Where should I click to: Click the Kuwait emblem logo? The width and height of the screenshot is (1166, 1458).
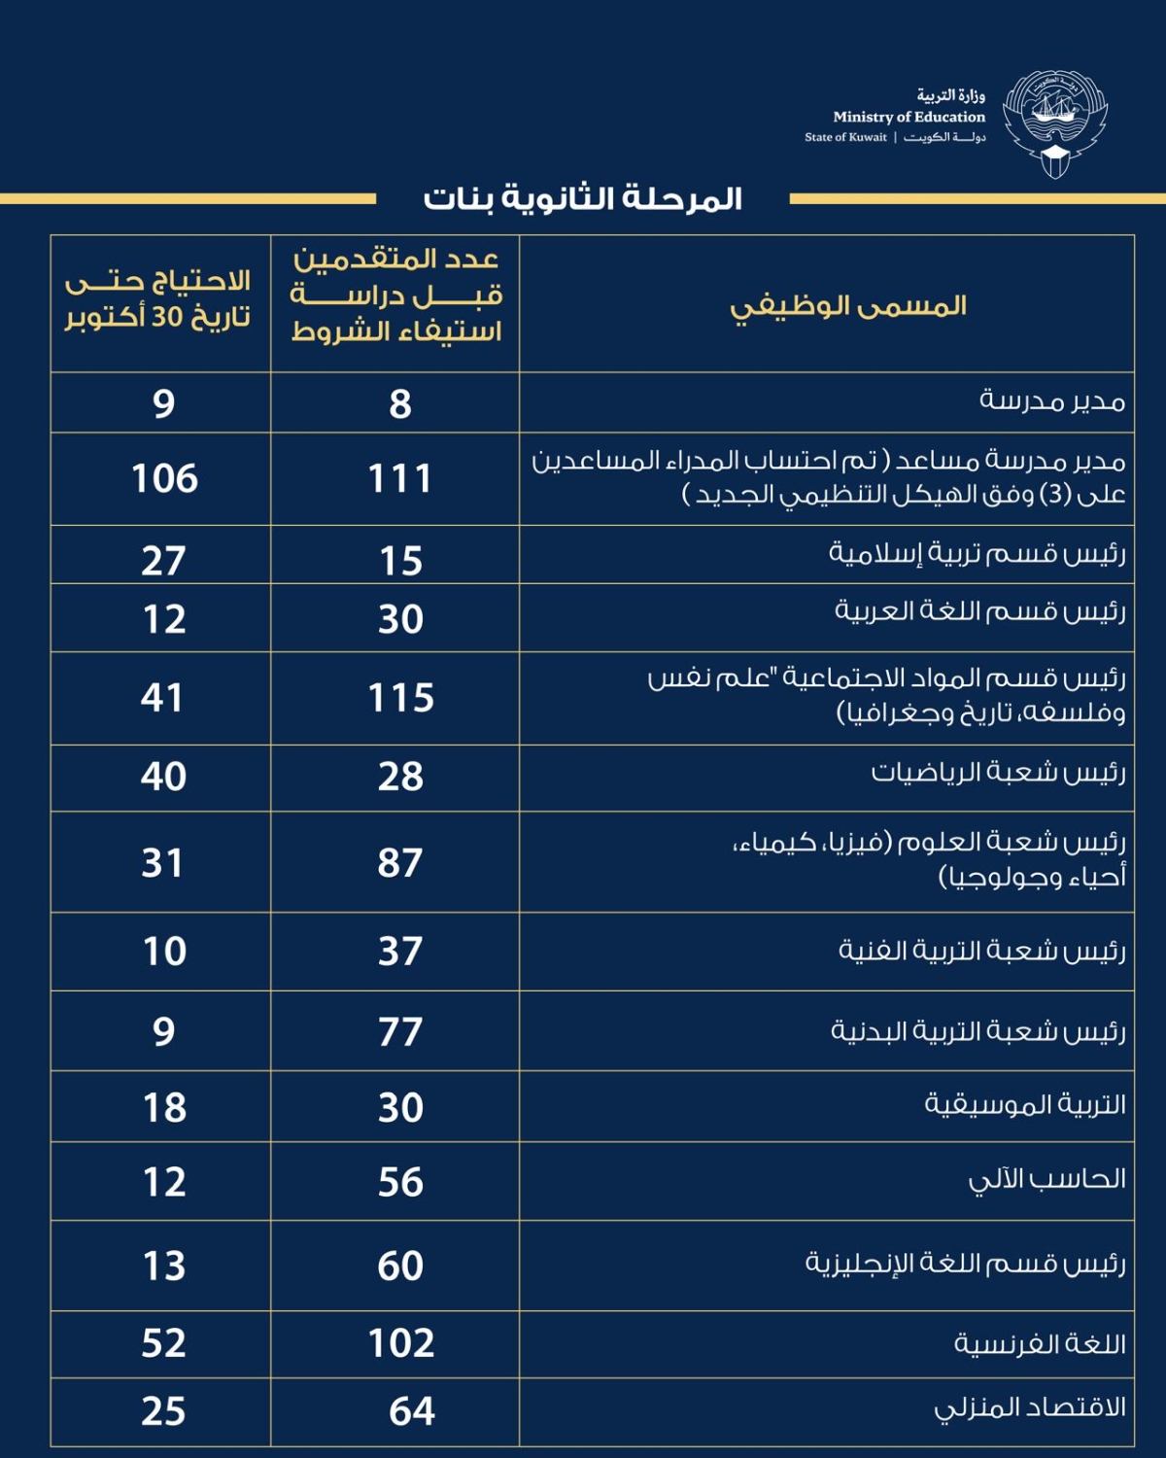1055,123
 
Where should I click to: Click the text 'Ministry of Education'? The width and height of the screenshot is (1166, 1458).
909,117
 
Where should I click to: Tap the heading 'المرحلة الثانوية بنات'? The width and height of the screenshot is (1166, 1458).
582,198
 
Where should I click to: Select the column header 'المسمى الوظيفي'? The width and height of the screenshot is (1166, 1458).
848,306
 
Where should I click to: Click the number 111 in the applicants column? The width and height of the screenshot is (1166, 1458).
399,478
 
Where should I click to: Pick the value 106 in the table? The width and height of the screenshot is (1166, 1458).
164,478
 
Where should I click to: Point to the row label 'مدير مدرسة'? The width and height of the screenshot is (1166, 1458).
1052,401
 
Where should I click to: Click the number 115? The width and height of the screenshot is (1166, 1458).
400,698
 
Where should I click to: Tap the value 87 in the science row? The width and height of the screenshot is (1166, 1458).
400,862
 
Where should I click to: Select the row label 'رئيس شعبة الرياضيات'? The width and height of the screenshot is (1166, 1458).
998,773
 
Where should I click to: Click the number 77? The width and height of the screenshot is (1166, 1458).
400,1031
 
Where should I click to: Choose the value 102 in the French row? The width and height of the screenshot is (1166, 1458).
400,1343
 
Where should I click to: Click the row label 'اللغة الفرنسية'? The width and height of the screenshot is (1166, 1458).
1040,1343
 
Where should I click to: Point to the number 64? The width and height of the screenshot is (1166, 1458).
412,1411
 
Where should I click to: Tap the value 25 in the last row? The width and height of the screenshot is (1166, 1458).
163,1411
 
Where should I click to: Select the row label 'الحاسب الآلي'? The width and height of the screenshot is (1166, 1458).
1047,1180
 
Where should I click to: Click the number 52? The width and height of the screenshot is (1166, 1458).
163,1343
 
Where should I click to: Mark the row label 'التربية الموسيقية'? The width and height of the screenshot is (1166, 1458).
1025,1105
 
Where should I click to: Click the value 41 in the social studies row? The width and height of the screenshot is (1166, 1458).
162,698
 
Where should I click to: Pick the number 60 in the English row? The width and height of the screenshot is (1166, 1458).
400,1266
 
